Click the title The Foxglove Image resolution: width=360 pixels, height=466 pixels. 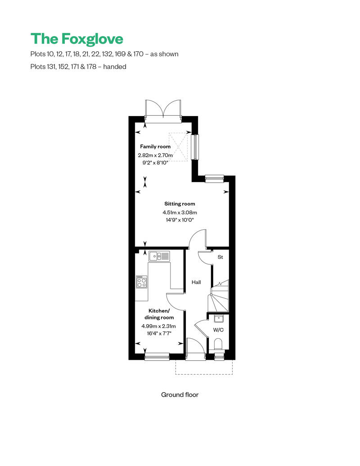[x=76, y=39]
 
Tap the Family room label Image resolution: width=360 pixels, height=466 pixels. [x=155, y=147]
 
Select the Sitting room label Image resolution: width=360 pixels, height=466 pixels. [x=180, y=204]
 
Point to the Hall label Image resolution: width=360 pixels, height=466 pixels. [x=196, y=282]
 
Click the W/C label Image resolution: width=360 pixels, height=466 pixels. [x=218, y=330]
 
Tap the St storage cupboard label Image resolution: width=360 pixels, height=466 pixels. [x=220, y=257]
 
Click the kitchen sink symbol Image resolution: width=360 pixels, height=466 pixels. [x=159, y=256]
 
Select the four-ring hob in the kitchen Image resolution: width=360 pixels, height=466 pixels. [x=142, y=282]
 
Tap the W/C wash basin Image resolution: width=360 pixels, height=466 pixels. [x=218, y=319]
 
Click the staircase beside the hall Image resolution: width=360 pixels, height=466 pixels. [x=219, y=297]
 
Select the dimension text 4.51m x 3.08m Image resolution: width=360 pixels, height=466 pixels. [x=180, y=213]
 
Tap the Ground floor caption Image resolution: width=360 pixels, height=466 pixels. [x=180, y=395]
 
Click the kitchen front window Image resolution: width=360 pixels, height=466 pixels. [x=157, y=357]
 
